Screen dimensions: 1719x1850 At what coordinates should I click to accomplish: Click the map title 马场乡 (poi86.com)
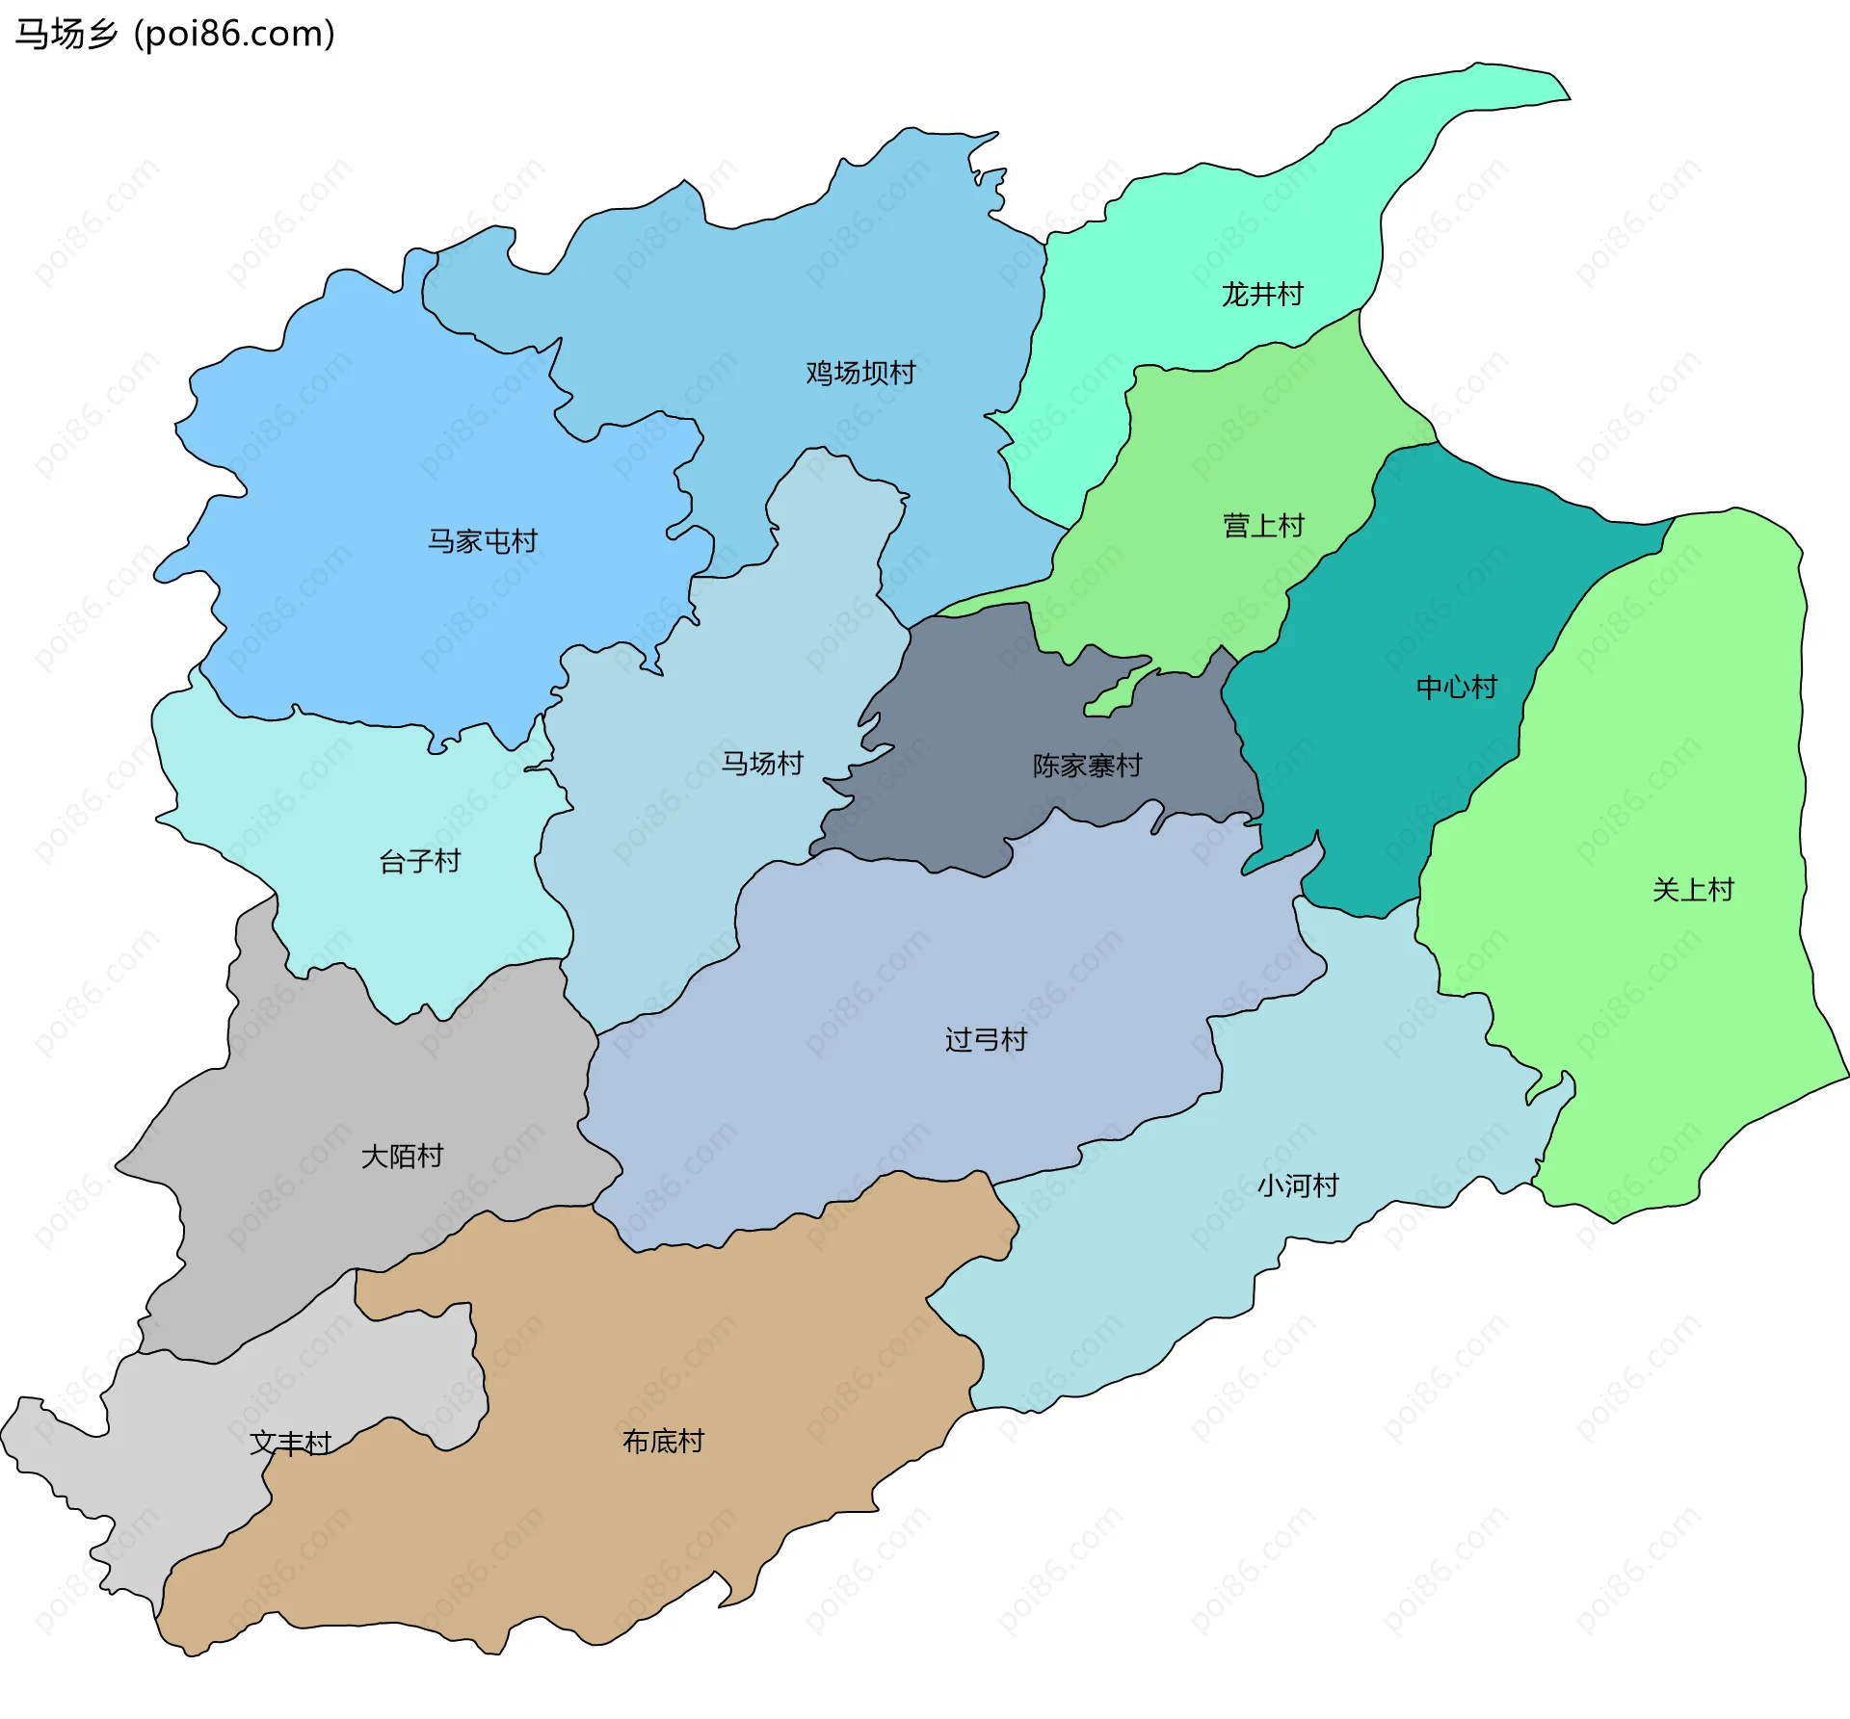tap(174, 34)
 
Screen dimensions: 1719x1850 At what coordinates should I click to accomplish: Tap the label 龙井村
tap(1262, 294)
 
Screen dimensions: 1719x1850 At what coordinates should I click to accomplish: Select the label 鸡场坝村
tap(860, 373)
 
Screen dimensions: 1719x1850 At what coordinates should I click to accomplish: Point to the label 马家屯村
tap(483, 541)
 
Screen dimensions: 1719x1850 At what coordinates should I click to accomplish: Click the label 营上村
tap(1263, 525)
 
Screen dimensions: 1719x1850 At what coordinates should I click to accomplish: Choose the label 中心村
tap(1457, 687)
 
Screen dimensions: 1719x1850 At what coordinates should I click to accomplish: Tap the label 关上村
tap(1693, 889)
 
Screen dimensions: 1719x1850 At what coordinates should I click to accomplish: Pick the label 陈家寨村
tap(1088, 766)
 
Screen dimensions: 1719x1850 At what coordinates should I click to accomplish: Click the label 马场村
tap(762, 763)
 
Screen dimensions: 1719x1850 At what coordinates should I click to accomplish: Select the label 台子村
tap(420, 861)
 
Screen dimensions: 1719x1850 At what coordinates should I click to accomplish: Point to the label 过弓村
tap(986, 1039)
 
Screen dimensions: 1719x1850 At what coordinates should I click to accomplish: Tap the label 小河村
tap(1298, 1185)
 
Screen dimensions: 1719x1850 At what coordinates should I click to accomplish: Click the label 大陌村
tap(402, 1156)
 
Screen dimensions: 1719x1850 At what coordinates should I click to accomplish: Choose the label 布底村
tap(663, 1441)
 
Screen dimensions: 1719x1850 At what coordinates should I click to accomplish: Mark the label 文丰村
tap(290, 1443)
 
